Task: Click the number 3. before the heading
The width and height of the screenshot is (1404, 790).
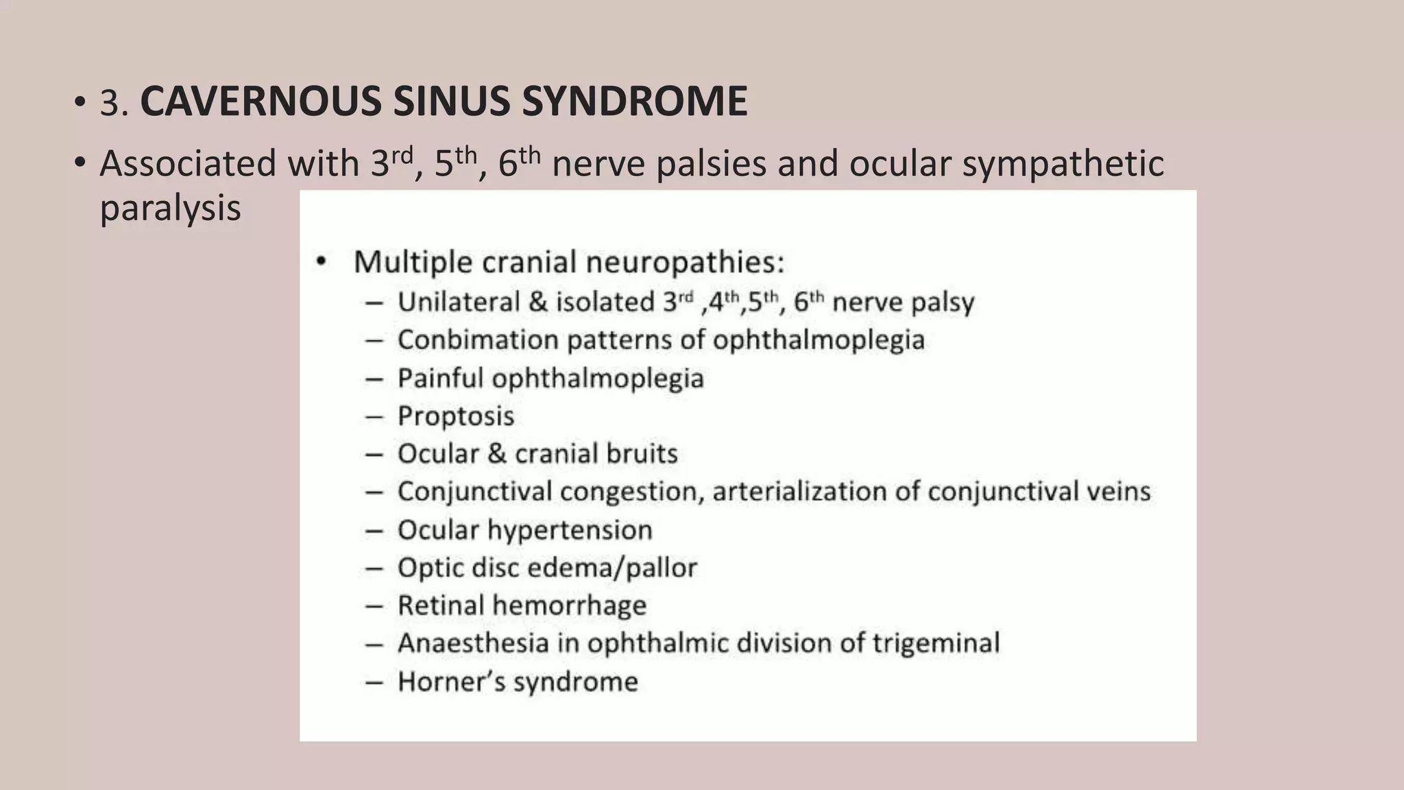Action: click(114, 103)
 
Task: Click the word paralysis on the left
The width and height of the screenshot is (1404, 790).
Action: click(170, 208)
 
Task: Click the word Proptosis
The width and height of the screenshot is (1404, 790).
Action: click(456, 416)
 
